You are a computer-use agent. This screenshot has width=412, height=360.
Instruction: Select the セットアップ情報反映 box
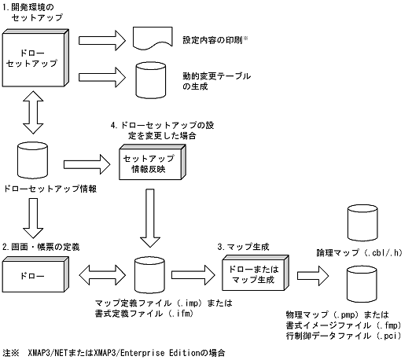pyautogui.click(x=150, y=163)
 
